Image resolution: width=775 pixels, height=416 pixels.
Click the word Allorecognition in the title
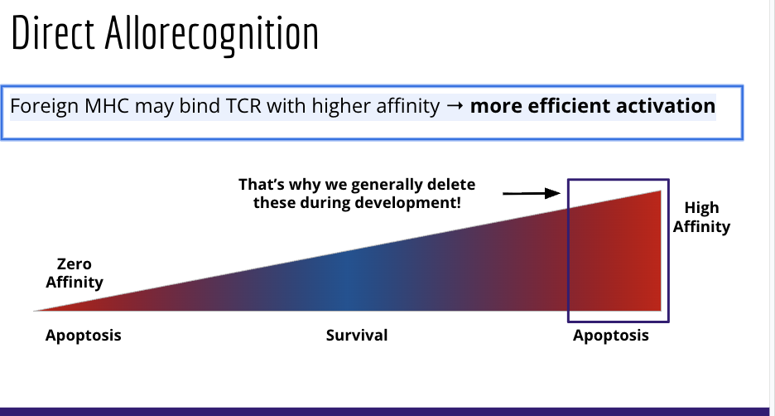[212, 34]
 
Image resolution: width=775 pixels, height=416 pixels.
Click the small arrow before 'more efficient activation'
[455, 107]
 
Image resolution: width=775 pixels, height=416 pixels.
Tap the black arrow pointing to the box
[532, 193]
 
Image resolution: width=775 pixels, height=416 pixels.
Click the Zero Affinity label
[74, 273]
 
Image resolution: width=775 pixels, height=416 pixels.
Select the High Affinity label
[701, 217]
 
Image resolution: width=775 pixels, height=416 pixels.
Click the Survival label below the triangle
[356, 336]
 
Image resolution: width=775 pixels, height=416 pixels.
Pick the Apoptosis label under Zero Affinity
[83, 336]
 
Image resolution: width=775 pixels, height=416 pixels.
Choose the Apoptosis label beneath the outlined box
[611, 336]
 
